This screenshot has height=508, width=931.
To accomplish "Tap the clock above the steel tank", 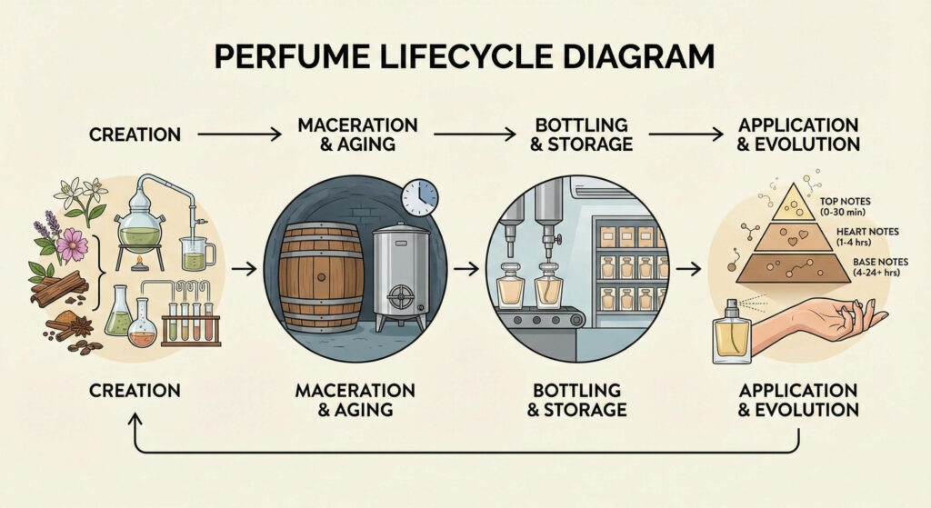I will click(x=419, y=196).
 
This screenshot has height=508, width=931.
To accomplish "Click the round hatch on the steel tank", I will click(x=397, y=296).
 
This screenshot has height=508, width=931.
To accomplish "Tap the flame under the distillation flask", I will click(x=138, y=264).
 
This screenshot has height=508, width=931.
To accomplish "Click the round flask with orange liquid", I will click(x=143, y=330).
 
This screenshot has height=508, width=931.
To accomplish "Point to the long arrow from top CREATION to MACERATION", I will click(x=239, y=134).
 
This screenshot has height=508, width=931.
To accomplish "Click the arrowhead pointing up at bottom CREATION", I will click(x=135, y=420).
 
